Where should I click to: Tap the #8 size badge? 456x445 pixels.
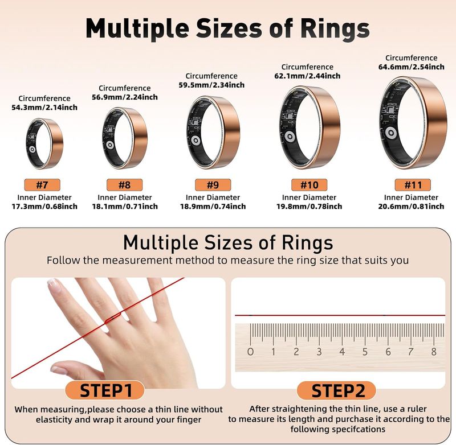point(124,185)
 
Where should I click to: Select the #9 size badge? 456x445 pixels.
point(213,185)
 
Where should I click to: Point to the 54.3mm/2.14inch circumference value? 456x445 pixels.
point(44,107)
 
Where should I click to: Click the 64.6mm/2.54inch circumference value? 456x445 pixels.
point(412,67)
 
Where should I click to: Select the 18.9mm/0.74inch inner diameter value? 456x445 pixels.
point(217,206)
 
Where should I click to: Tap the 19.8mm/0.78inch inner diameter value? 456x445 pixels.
point(312,206)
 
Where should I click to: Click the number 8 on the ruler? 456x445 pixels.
point(434,352)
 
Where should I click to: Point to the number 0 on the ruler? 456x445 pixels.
point(250,352)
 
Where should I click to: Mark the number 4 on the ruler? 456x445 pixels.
point(342,352)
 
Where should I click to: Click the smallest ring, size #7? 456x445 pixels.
point(44,142)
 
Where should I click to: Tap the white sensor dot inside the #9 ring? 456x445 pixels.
point(195,141)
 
